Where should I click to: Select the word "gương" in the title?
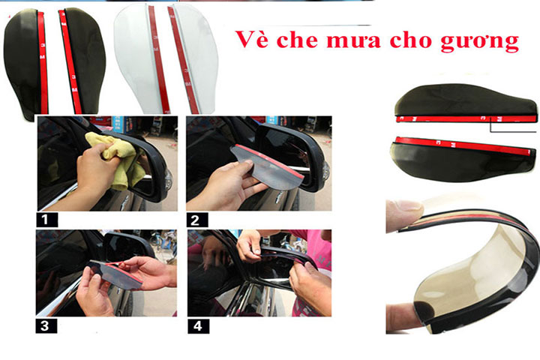(x=480, y=42)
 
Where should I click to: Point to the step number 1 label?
(x=46, y=220)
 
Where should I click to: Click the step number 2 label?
(x=197, y=220)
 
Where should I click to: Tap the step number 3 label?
(x=46, y=326)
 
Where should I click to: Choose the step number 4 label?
(x=198, y=326)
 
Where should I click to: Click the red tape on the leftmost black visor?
(x=43, y=62)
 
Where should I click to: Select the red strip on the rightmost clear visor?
(x=182, y=60)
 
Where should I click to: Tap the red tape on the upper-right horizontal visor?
(x=466, y=118)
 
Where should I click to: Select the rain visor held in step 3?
(x=115, y=274)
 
